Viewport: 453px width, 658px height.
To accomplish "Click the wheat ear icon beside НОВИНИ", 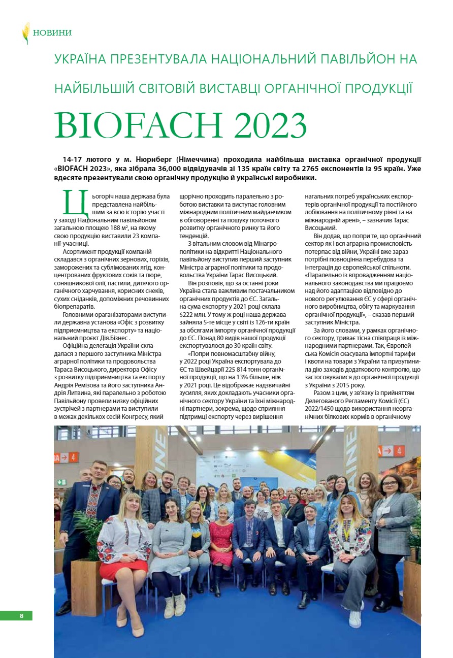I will coord(26,33).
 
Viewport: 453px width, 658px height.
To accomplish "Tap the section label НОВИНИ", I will coord(52,33).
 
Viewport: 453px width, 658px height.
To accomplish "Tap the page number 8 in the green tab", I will coord(21,615).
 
